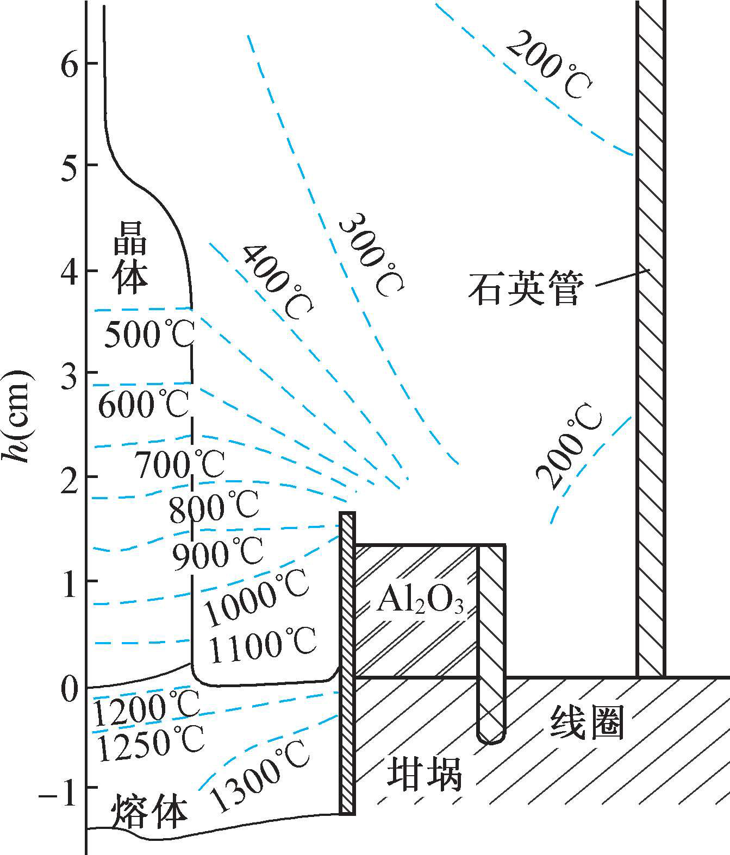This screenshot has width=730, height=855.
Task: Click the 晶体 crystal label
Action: coord(130,265)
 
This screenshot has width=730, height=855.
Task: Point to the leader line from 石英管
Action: coord(622,278)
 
